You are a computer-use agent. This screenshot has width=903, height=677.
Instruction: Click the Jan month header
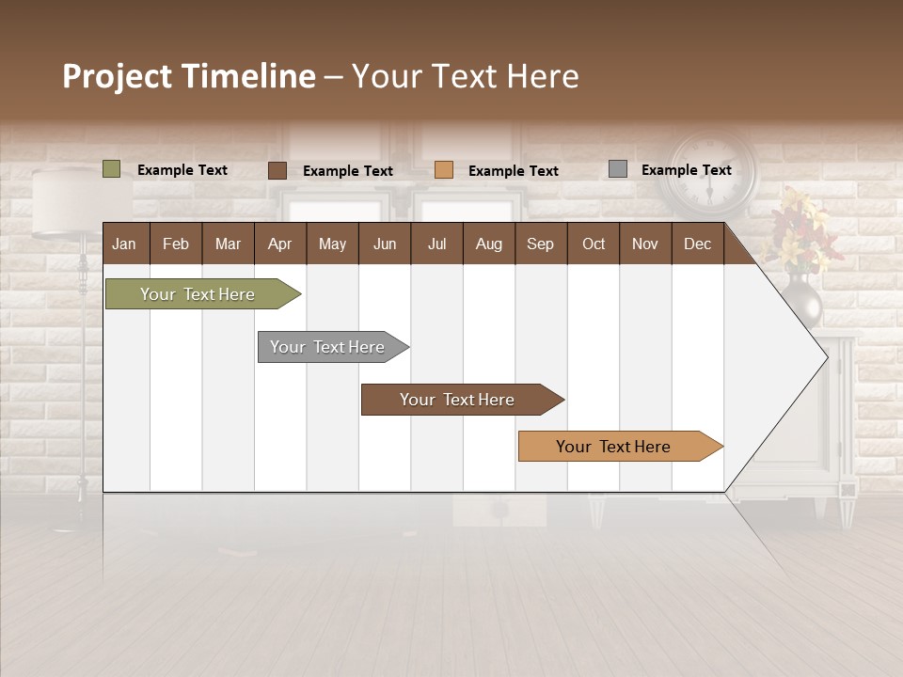pyautogui.click(x=124, y=244)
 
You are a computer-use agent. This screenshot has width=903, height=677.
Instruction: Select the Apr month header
pyautogui.click(x=279, y=244)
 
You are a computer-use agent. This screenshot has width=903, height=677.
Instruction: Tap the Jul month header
pyautogui.click(x=436, y=244)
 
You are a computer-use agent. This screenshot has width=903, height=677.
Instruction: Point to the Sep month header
pyautogui.click(x=540, y=244)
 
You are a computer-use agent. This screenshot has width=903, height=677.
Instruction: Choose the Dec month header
pyautogui.click(x=697, y=244)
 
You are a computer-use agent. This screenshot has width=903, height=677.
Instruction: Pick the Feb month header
pyautogui.click(x=176, y=244)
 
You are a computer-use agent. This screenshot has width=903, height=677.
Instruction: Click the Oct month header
pyautogui.click(x=594, y=244)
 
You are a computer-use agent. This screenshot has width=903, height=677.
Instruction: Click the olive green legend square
pyautogui.click(x=112, y=169)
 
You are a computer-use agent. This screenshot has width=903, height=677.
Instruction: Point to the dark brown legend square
pyautogui.click(x=277, y=170)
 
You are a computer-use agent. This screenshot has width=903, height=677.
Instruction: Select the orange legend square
pyautogui.click(x=444, y=170)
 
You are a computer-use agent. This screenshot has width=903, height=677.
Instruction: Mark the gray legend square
pyautogui.click(x=618, y=169)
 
